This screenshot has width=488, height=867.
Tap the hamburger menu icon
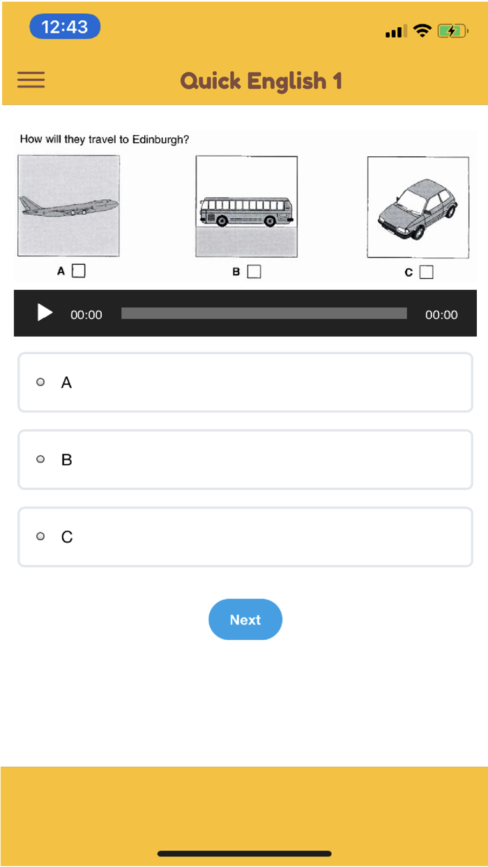31,79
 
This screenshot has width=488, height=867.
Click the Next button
245,620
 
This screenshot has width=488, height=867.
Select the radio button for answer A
40,382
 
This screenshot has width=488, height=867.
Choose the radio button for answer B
40,459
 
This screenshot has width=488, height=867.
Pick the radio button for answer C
40,536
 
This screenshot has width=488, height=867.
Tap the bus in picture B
246,211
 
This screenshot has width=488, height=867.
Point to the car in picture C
418,208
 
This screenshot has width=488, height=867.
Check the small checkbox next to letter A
79,271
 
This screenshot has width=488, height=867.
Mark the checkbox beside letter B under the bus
254,272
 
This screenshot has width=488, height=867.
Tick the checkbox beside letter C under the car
427,272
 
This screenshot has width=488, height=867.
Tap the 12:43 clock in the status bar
65,26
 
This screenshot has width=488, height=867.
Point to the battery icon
452,31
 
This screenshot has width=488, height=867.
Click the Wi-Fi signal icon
422,30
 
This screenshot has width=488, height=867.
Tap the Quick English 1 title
261,82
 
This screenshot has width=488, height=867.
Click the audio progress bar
264,313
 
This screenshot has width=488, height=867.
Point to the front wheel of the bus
270,221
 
